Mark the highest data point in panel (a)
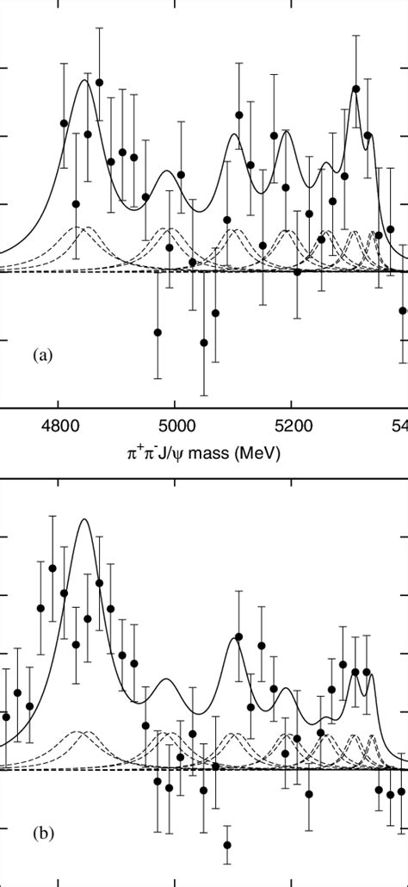(99, 83)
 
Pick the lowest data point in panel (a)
(204, 343)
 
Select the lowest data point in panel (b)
(227, 845)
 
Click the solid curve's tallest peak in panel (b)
(83, 519)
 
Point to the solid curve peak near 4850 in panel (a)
(84, 80)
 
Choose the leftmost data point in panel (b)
(6, 716)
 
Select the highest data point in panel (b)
(53, 568)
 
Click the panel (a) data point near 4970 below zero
(158, 332)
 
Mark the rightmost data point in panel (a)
(403, 310)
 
